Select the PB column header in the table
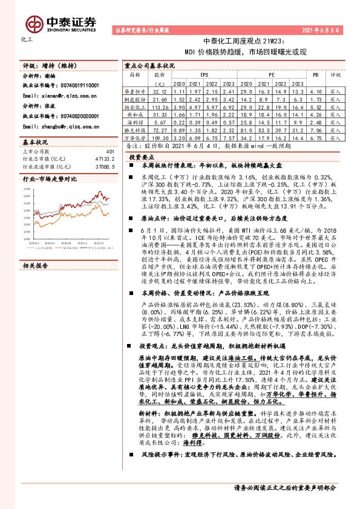click(x=315, y=74)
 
